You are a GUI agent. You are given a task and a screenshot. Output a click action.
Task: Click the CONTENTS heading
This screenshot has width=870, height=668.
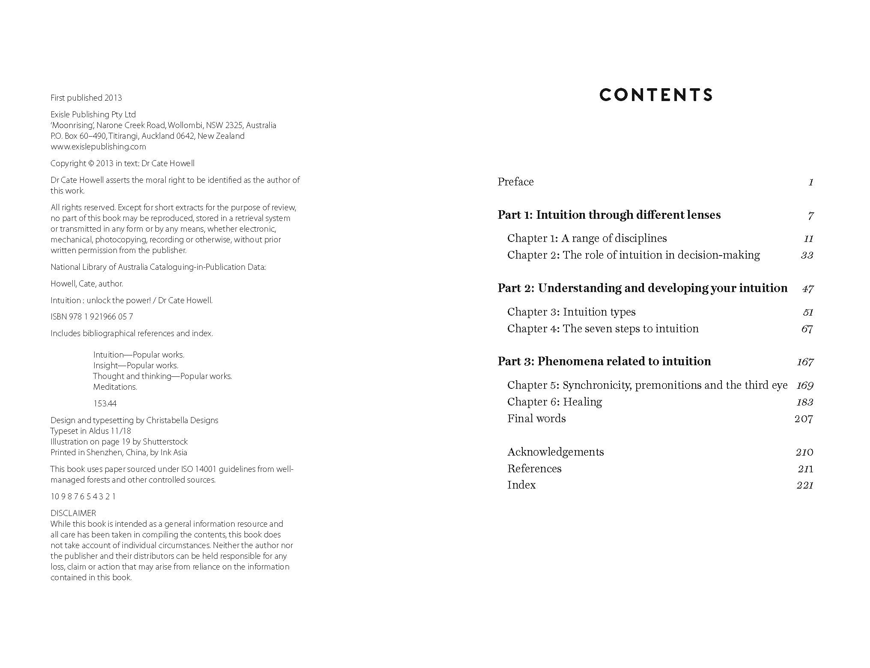pyautogui.click(x=656, y=95)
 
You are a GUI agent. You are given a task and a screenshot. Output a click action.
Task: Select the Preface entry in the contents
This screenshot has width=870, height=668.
pyautogui.click(x=515, y=182)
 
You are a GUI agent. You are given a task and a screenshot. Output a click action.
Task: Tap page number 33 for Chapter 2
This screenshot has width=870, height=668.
pyautogui.click(x=807, y=255)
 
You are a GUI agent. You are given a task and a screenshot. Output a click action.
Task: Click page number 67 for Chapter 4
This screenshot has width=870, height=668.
pyautogui.click(x=807, y=329)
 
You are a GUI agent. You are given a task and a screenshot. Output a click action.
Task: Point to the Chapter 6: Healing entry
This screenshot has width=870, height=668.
pyautogui.click(x=554, y=402)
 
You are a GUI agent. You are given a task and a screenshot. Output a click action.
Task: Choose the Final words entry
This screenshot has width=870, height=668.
pyautogui.click(x=536, y=419)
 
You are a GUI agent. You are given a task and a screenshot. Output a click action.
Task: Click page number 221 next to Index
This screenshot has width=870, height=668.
pyautogui.click(x=804, y=485)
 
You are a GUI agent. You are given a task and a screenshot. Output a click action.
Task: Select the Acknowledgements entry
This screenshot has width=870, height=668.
pyautogui.click(x=555, y=452)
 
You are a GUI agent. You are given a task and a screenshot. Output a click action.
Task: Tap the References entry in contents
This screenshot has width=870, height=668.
pyautogui.click(x=534, y=469)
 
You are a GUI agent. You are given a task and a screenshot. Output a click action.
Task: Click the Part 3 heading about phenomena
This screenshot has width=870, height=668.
pyautogui.click(x=604, y=361)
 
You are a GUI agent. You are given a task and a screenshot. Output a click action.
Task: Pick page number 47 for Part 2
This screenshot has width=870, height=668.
pyautogui.click(x=807, y=289)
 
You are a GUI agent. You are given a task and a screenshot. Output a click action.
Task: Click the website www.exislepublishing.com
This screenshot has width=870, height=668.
pyautogui.click(x=98, y=147)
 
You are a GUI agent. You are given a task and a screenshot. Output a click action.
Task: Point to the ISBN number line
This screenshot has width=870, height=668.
pyautogui.click(x=92, y=317)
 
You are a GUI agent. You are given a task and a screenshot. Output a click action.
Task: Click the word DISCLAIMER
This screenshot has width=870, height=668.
pyautogui.click(x=73, y=513)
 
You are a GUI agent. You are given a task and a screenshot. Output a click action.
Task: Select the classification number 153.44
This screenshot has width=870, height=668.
pyautogui.click(x=105, y=404)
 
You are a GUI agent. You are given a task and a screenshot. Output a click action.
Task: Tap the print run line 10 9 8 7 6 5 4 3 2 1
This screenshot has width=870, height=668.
pyautogui.click(x=83, y=497)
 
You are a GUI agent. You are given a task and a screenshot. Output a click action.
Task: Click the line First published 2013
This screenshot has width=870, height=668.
pyautogui.click(x=86, y=98)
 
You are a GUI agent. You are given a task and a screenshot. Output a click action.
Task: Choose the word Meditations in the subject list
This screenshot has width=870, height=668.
pyautogui.click(x=115, y=387)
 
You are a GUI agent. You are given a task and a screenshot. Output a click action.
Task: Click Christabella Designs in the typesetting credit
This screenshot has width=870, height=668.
pyautogui.click(x=182, y=420)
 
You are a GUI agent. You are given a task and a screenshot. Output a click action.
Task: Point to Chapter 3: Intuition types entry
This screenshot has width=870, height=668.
pyautogui.click(x=571, y=312)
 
